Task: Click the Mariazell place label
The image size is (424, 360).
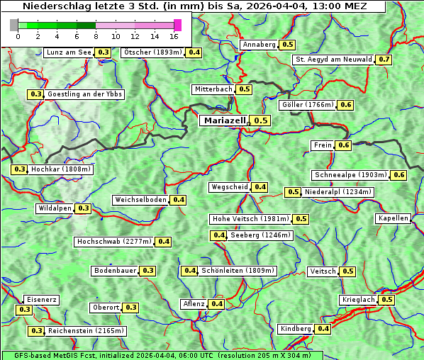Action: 225,120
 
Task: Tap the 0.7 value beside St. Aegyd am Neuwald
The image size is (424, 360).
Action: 384,60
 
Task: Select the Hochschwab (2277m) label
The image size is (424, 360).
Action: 114,242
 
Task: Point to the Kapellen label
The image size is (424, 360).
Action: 394,218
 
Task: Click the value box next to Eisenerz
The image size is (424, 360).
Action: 25,310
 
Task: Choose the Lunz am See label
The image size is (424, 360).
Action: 68,52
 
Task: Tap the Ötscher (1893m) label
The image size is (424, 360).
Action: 152,52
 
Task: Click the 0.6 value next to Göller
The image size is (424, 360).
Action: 345,105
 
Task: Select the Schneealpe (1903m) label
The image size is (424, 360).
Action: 351,175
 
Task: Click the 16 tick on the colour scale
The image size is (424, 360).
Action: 174,35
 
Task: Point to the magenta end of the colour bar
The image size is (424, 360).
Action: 177,25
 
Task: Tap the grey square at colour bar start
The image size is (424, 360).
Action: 14,25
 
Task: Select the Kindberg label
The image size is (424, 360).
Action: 296,329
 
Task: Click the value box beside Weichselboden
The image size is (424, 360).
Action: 178,200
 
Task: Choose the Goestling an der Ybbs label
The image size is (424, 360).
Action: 84,94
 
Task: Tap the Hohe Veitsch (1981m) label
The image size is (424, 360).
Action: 250,219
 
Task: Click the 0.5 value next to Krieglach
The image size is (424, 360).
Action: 386,300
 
